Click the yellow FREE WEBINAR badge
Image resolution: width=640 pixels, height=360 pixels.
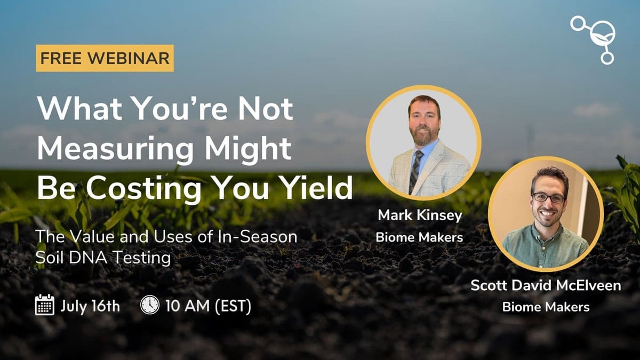point(105,58)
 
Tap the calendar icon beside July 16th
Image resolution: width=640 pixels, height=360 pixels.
point(45,305)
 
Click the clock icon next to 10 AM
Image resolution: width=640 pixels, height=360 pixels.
point(150,305)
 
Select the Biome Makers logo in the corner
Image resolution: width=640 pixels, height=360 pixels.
point(593,40)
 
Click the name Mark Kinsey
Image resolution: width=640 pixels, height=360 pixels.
point(420,215)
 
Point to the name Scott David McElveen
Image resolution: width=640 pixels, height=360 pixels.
point(546,285)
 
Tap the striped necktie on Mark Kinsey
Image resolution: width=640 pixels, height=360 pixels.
point(415,172)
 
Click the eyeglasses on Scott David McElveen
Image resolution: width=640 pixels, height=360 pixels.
point(548,198)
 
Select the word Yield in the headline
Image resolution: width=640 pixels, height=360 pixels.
point(315,187)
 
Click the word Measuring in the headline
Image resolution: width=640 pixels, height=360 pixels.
point(115,149)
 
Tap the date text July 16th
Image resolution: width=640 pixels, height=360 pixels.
point(90,306)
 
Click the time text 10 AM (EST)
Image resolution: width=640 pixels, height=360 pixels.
point(209,306)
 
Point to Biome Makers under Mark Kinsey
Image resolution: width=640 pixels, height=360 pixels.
point(419,237)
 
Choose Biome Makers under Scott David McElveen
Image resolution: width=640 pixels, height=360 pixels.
point(546,307)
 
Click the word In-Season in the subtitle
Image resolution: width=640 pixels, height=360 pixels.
point(257,237)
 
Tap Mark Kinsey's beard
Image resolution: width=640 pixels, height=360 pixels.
point(424,137)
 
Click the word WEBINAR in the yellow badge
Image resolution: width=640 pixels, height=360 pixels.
point(129,58)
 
